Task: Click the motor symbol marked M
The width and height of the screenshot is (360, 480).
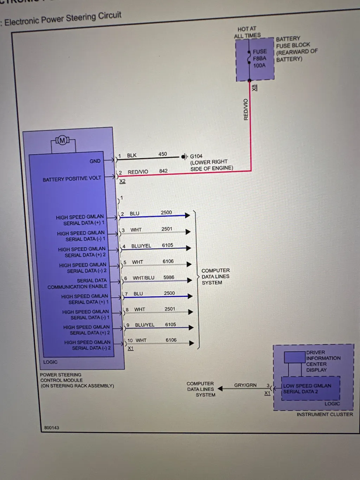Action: (x=63, y=141)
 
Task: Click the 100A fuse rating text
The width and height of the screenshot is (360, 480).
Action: (x=259, y=65)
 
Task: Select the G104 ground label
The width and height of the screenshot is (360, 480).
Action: (x=196, y=156)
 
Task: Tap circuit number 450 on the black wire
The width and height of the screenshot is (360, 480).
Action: (x=163, y=154)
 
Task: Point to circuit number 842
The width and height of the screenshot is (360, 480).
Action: (x=163, y=171)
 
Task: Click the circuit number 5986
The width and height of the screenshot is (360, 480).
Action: (x=169, y=277)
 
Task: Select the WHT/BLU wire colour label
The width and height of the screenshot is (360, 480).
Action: (x=143, y=278)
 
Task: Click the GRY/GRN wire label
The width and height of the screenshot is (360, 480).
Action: (x=245, y=385)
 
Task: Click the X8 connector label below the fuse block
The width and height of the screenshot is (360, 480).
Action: (x=255, y=88)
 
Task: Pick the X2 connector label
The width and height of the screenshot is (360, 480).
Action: (x=122, y=181)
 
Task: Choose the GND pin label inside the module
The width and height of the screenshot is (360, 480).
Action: (x=95, y=161)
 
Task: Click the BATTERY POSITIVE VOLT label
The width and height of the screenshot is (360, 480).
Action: (x=72, y=179)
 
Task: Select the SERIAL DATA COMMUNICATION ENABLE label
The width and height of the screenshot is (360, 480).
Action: (x=78, y=283)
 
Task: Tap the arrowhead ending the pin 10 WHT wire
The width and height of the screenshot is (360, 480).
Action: (x=192, y=343)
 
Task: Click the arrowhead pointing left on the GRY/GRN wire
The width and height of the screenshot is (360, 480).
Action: (x=220, y=389)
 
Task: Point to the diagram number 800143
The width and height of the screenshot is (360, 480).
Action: (x=52, y=428)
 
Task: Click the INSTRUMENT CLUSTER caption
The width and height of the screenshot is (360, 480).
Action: (x=324, y=414)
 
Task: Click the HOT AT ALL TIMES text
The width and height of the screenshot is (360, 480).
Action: (x=247, y=32)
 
